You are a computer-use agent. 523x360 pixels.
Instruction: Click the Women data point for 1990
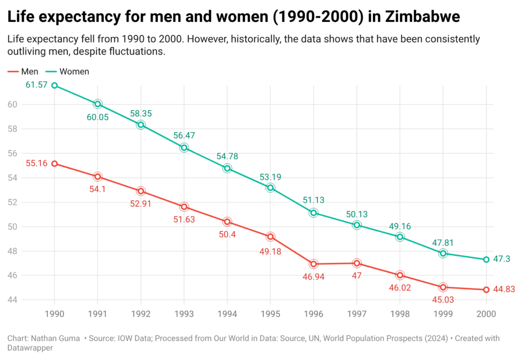54,85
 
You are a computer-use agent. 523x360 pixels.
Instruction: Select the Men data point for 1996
314,264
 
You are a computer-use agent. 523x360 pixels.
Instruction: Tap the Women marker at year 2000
486,259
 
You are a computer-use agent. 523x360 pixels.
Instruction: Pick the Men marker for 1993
184,207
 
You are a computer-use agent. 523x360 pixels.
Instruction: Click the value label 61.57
36,85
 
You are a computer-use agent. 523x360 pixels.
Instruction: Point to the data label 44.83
504,290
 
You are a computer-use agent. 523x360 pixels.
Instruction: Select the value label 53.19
270,177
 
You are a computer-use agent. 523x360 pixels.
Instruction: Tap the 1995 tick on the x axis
270,314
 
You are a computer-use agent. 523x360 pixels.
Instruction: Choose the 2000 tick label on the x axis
486,314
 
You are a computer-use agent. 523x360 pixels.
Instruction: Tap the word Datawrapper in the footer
30,348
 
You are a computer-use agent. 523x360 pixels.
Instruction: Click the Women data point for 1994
227,169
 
